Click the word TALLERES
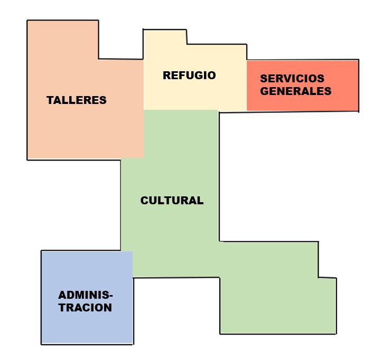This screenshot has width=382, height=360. coord(77,100)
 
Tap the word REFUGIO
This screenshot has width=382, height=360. coord(189,75)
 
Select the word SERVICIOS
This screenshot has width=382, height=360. coord(292,78)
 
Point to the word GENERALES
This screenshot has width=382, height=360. coord(296,91)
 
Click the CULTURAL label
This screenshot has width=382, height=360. coord(172,201)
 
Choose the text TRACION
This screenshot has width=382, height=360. coord(85,308)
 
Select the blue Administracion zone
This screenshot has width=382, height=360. coord(87,327)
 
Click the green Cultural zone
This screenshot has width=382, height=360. coord(169,238)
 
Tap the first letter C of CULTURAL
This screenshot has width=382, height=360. coord(144,201)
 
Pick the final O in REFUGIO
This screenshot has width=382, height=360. coord(211,75)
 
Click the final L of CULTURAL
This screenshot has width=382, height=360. coord(200,201)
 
